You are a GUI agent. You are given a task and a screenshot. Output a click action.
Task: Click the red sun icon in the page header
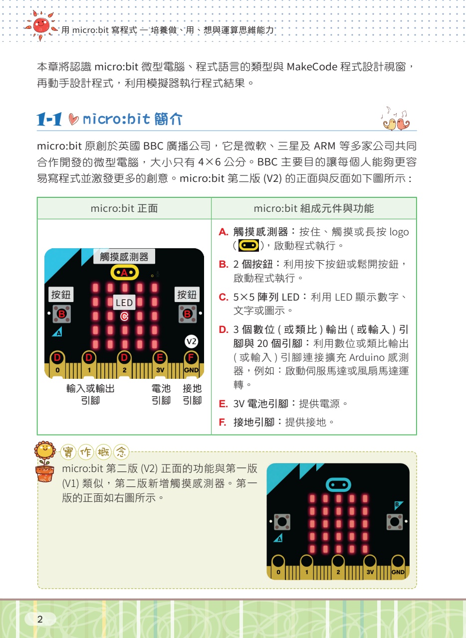coord(41,25)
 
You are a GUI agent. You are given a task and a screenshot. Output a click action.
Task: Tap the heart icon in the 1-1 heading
coord(73,119)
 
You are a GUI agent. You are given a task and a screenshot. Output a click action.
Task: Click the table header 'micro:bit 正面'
coord(124,208)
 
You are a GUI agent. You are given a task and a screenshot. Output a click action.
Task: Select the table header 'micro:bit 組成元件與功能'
coord(314,208)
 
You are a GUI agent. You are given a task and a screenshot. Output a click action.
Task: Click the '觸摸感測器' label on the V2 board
coord(124,257)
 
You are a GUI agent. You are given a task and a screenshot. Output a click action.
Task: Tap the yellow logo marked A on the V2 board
coord(125,273)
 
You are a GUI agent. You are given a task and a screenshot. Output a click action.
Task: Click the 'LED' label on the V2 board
coord(124,303)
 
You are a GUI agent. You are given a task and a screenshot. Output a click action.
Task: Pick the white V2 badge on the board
coord(191,341)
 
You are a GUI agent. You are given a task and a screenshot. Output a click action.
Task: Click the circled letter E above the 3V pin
coord(160,357)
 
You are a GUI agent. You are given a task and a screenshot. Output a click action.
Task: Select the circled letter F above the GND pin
coord(191,357)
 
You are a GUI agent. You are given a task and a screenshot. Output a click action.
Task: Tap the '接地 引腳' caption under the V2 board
coord(192,394)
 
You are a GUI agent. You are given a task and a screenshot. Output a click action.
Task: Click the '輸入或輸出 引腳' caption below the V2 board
coord(90,394)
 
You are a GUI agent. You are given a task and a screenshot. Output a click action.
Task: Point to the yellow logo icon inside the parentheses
coord(248,245)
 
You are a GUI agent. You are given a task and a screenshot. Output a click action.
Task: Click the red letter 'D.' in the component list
coord(224,329)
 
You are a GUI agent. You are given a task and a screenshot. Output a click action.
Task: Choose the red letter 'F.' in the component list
coord(223,422)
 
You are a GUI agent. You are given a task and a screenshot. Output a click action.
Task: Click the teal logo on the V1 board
coord(338,484)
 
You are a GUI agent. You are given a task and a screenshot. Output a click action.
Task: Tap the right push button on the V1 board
coord(395,522)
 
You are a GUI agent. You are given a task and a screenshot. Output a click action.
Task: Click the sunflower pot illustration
coord(45,462)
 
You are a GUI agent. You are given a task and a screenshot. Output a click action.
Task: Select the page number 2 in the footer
coord(40,619)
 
